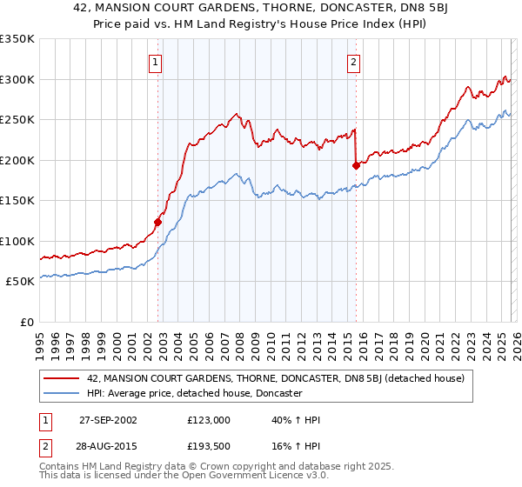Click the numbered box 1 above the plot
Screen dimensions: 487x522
tap(155, 62)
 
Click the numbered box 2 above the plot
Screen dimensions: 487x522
tap(355, 62)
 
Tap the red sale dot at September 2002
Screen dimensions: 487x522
tap(158, 222)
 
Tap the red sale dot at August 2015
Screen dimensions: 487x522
tap(356, 165)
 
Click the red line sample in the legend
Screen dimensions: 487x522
tap(62, 378)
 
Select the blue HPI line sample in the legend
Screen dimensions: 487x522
tap(62, 394)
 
